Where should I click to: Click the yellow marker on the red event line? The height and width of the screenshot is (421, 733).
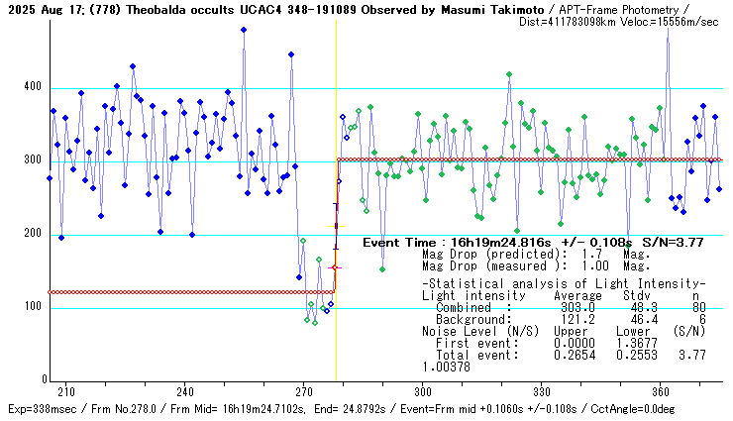click(x=336, y=226)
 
